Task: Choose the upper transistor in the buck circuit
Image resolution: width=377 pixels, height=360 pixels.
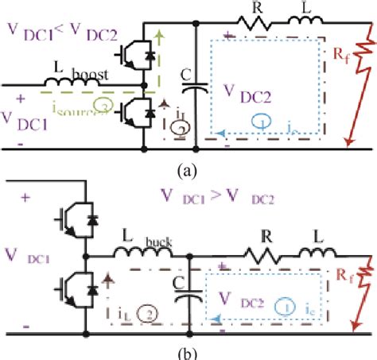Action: tap(72, 217)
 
